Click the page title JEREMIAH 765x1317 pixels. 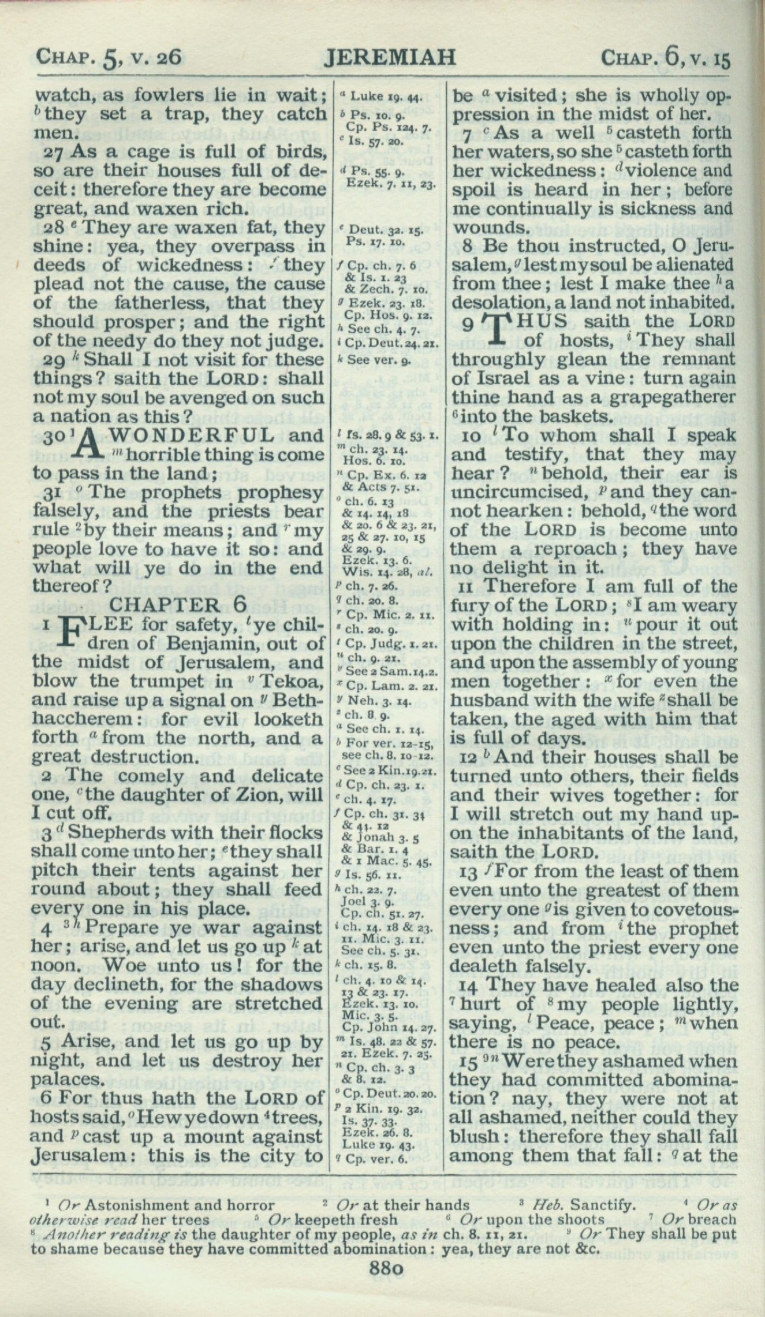pos(390,58)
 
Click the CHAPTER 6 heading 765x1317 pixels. pos(179,605)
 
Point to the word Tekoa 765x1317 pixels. pos(290,681)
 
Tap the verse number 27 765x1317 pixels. pos(55,152)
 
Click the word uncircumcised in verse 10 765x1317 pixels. pos(514,492)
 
